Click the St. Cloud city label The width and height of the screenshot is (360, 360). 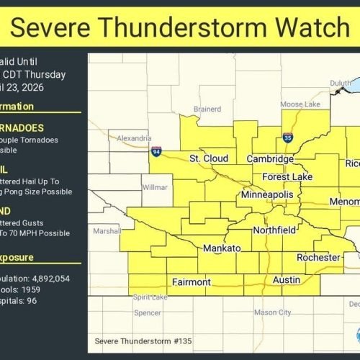[x=209, y=158]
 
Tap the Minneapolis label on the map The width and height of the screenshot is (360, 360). [x=267, y=195]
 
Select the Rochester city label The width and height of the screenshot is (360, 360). [x=318, y=257]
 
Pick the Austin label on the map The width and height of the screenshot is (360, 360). [x=286, y=279]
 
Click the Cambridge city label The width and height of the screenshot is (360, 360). [x=270, y=158]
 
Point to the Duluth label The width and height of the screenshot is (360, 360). [x=341, y=84]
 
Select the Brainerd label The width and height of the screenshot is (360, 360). [x=207, y=109]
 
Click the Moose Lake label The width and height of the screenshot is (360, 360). [x=301, y=104]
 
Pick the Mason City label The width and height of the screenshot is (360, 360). [x=272, y=312]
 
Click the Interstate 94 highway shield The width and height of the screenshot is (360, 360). [x=157, y=152]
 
